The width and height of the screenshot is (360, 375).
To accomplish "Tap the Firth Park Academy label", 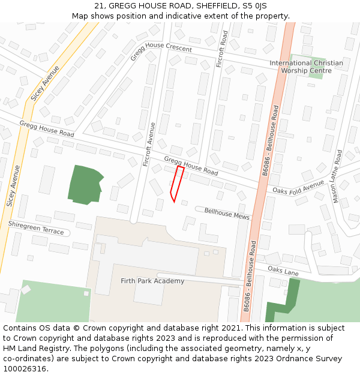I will (x=152, y=281).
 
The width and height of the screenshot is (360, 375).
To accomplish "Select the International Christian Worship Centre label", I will (x=306, y=67).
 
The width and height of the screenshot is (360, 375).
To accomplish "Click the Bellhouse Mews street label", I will (x=227, y=213).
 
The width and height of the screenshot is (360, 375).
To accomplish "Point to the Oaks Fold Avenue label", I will (x=298, y=189).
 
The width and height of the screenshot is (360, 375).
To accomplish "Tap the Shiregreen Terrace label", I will (x=35, y=227).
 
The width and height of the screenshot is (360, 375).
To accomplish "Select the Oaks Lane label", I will (x=283, y=271).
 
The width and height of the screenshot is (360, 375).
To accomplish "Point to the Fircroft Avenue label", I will (x=149, y=145).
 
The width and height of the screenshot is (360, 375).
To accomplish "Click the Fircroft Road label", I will (x=221, y=49).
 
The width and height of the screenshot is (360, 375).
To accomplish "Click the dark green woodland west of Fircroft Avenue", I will (x=84, y=184).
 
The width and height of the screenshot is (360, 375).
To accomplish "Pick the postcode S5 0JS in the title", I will (x=254, y=6).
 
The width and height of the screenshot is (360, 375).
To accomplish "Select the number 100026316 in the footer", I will (x=25, y=368).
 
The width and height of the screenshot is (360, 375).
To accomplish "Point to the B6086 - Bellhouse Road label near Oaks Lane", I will (x=249, y=275).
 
